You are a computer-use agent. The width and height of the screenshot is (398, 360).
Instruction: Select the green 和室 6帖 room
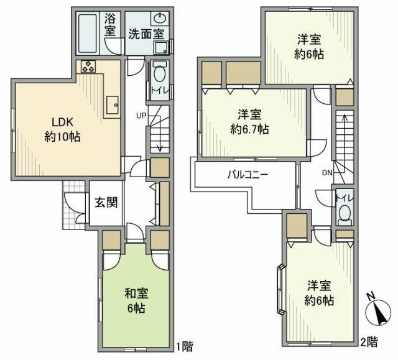135,299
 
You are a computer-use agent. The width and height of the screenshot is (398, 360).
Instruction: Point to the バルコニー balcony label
247,175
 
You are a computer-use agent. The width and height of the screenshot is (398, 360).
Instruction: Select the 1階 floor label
182,344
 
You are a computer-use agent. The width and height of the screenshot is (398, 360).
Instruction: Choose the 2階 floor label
369,341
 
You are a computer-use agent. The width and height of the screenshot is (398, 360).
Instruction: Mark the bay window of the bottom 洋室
280,289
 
